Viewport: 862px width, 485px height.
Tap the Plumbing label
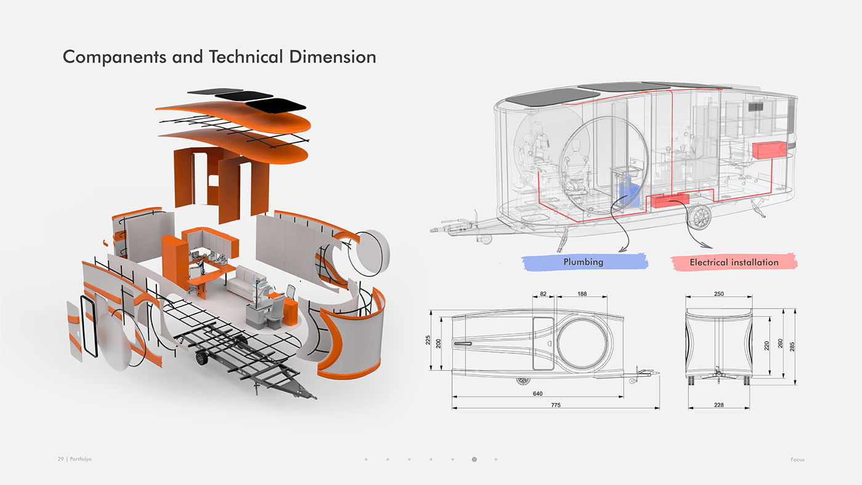pyautogui.click(x=583, y=262)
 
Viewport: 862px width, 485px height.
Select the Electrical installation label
pyautogui.click(x=734, y=262)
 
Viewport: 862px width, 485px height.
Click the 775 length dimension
pyautogui.click(x=555, y=405)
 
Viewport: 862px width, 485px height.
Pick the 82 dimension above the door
pyautogui.click(x=543, y=294)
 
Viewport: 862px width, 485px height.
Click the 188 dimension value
pyautogui.click(x=582, y=294)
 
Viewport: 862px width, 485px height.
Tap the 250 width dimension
pyautogui.click(x=718, y=294)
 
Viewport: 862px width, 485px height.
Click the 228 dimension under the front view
pyautogui.click(x=718, y=405)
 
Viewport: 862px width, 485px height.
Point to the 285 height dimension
pyautogui.click(x=792, y=346)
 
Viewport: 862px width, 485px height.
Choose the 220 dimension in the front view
pyautogui.click(x=767, y=346)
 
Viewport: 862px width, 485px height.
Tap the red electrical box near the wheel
pyautogui.click(x=670, y=200)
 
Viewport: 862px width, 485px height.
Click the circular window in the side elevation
pyautogui.click(x=583, y=340)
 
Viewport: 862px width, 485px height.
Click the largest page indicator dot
pyautogui.click(x=474, y=459)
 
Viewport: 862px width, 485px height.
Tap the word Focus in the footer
pyautogui.click(x=797, y=460)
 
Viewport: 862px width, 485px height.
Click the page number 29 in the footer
pyautogui.click(x=61, y=460)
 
